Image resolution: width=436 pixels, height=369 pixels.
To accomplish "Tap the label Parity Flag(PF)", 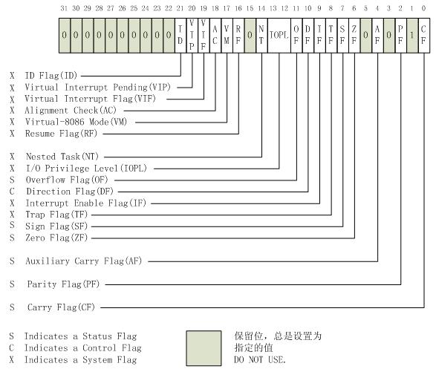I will [x=62, y=284].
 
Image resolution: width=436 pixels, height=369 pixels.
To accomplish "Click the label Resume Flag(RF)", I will [x=62, y=134].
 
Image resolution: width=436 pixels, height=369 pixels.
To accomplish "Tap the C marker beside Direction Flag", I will [x=12, y=191].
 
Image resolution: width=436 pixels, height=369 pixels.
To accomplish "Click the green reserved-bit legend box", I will [x=204, y=347].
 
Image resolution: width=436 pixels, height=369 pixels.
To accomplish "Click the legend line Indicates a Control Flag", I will [x=82, y=347].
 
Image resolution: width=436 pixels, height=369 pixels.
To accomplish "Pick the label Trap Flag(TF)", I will [x=57, y=214].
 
